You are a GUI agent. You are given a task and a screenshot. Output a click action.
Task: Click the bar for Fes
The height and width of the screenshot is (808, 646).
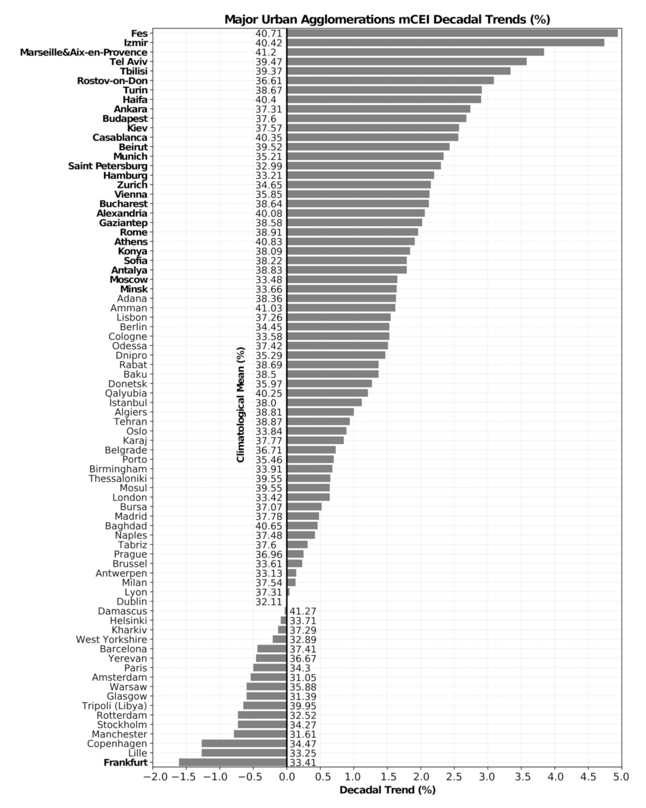pos(452,33)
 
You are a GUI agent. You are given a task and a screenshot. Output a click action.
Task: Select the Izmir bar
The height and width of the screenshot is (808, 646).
pos(445,43)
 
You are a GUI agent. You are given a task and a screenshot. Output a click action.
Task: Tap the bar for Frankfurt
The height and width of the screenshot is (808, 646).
pos(233,763)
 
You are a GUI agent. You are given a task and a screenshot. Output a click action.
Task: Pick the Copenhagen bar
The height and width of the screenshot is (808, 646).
pos(244,744)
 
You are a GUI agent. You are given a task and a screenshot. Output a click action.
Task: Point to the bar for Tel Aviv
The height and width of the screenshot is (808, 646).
pos(406,62)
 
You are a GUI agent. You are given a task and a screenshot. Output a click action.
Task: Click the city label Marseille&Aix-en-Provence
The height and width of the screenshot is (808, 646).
pos(83,52)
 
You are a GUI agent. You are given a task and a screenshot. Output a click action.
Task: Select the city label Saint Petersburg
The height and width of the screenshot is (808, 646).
pos(108,166)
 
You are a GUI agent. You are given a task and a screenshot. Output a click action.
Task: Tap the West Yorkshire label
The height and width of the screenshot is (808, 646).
pos(111,639)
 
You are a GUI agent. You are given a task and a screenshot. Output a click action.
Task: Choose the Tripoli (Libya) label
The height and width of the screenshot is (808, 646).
pos(114,706)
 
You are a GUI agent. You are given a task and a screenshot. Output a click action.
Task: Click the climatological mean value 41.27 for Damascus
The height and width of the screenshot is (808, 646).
pos(303,611)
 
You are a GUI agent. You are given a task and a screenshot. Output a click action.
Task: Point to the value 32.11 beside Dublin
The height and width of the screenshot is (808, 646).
pos(268,602)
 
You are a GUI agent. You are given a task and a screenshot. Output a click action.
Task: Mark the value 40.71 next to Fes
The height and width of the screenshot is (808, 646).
pos(268,33)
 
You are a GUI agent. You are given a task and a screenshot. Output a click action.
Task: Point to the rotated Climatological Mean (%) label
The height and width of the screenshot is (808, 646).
pos(241,404)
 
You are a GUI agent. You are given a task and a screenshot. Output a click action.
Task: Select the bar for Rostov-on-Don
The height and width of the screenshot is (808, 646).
pos(390,81)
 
